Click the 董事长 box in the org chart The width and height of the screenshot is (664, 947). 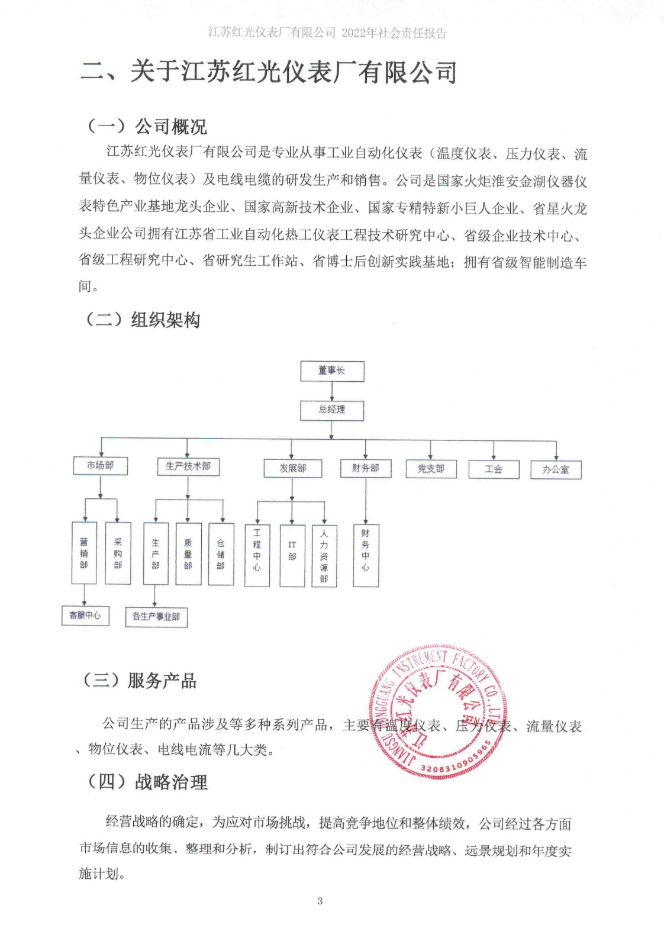332,371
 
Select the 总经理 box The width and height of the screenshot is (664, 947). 332,410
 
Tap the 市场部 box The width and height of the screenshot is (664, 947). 100,466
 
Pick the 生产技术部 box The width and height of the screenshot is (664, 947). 188,466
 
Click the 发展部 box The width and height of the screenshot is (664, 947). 293,468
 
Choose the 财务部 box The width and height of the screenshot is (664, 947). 365,468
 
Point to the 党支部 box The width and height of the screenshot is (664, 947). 431,469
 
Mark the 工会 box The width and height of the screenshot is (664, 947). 494,469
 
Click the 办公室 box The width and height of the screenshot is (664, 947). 556,470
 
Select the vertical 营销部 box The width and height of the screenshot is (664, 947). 84,553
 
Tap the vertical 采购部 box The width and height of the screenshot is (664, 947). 118,553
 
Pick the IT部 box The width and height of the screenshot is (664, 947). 292,556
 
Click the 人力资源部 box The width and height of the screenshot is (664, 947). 324,556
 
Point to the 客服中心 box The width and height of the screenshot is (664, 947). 85,616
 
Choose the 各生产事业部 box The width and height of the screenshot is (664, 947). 156,617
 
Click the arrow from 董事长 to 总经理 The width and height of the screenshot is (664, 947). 332,391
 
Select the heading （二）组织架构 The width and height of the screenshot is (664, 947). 142,320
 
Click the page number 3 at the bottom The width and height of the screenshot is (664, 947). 320,901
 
